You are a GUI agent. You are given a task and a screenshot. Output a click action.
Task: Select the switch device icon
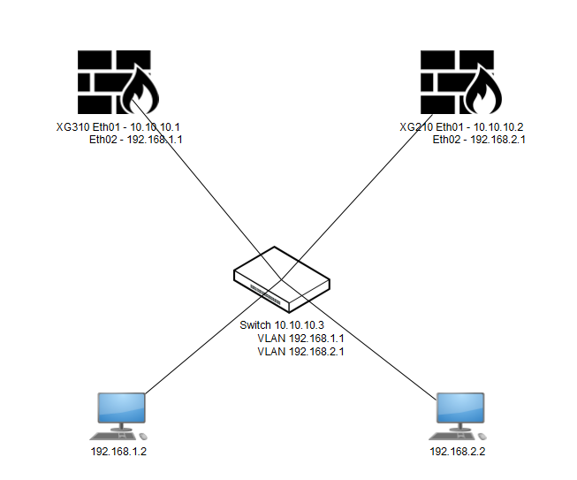tap(282, 278)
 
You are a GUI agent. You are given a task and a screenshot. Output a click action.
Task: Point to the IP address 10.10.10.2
tap(501, 127)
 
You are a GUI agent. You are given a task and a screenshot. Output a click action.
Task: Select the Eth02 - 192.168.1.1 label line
tap(137, 140)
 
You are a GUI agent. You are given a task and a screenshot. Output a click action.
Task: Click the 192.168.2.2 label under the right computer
tap(458, 453)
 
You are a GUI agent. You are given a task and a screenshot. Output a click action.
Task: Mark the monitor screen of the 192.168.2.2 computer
tap(460, 408)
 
